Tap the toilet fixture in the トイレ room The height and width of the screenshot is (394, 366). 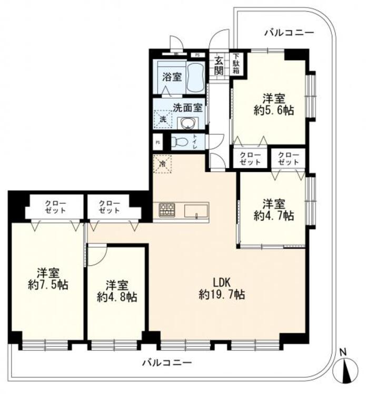(x=180, y=142)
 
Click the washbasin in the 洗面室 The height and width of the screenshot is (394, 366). (x=187, y=123)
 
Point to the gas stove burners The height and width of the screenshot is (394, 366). (x=167, y=210)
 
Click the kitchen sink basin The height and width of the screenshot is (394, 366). (x=196, y=211)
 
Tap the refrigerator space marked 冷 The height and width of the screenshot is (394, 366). (x=163, y=164)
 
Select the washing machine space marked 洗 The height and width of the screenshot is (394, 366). (x=163, y=120)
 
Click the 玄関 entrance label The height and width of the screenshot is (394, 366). (x=219, y=66)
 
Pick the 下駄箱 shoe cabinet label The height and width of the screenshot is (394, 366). (x=236, y=64)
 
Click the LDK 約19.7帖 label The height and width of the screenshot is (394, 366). (x=222, y=288)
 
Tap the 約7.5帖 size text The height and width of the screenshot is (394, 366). (x=48, y=285)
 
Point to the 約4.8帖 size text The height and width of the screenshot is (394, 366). (x=117, y=297)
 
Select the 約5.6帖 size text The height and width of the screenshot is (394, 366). (x=273, y=110)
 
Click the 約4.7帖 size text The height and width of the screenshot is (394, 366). (x=273, y=215)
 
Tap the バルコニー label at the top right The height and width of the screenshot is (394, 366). (x=290, y=33)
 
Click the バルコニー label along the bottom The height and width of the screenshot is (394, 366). (x=167, y=362)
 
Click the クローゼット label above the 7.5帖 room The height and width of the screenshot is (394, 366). (x=55, y=206)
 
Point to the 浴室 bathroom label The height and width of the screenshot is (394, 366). (x=172, y=77)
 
